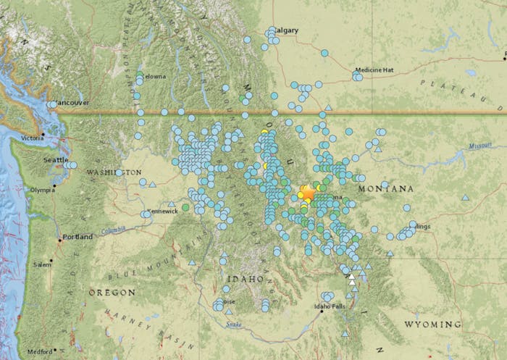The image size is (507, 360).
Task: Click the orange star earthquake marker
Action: pyautogui.click(x=308, y=193)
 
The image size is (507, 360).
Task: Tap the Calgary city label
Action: pyautogui.click(x=287, y=30)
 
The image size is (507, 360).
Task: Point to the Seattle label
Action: pyautogui.click(x=55, y=160)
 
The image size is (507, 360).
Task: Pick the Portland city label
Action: pyautogui.click(x=77, y=237)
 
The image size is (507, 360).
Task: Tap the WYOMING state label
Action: pyautogui.click(x=432, y=324)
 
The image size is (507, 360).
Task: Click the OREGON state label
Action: pyautogui.click(x=112, y=292)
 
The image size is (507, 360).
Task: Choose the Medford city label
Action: pyautogui.click(x=41, y=352)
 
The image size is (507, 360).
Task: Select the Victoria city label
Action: pyautogui.click(x=33, y=138)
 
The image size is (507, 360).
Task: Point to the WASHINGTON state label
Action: pyautogui.click(x=114, y=172)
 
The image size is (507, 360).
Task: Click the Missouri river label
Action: pyautogui.click(x=479, y=146)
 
